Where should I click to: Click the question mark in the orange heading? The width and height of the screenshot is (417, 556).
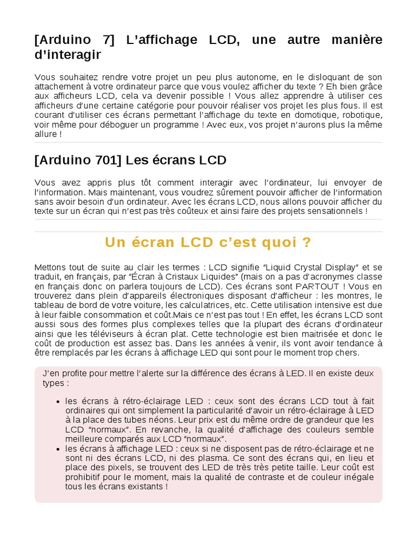tap(307, 242)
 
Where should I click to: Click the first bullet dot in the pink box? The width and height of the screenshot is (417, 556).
tap(58, 402)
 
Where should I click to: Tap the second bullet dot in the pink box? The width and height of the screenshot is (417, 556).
tap(58, 449)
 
